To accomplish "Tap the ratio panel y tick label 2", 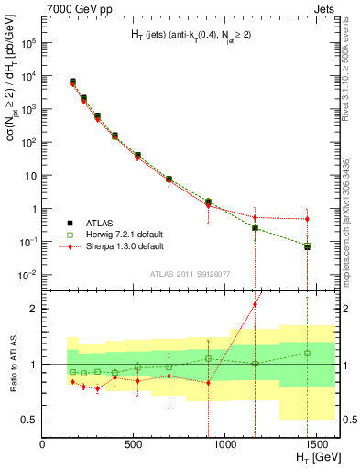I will [33, 309].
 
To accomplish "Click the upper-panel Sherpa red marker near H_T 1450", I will [307, 219].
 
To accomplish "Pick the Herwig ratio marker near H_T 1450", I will [307, 353].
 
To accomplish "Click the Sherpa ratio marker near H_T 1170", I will [255, 304].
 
